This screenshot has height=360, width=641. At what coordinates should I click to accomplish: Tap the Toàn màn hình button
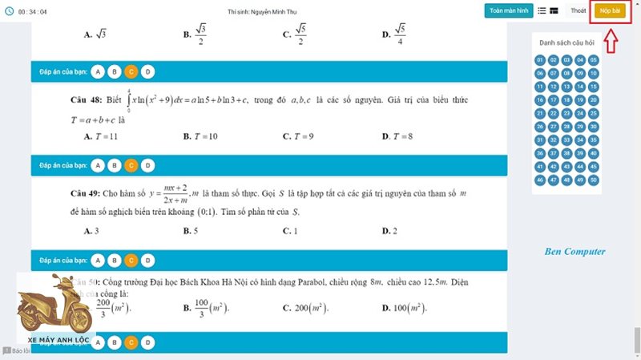(x=508, y=10)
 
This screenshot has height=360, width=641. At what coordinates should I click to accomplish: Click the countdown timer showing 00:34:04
(x=27, y=10)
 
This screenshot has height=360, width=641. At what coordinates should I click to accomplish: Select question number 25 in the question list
(x=594, y=114)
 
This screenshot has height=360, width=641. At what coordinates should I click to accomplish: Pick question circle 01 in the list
(x=541, y=60)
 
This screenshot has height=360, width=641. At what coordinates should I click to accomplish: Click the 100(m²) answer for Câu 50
(x=404, y=308)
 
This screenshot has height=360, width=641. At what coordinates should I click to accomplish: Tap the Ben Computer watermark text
(x=574, y=252)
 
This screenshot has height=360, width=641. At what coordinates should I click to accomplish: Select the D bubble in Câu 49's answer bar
(x=147, y=261)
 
